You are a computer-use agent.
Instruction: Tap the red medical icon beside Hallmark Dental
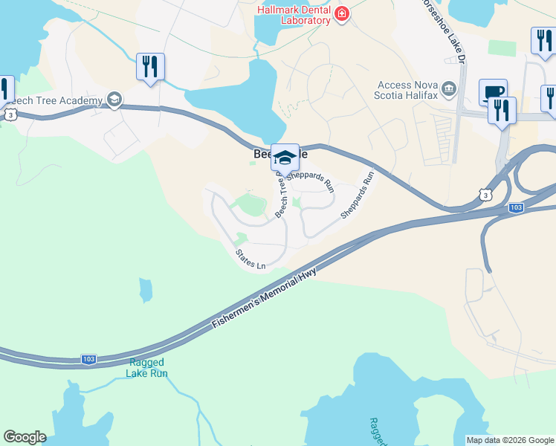pyautogui.click(x=341, y=14)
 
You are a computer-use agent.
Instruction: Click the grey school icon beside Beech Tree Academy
pyautogui.click(x=114, y=100)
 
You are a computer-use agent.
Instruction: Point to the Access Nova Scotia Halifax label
pyautogui.click(x=409, y=90)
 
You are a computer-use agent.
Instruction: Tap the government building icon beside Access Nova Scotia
pyautogui.click(x=449, y=90)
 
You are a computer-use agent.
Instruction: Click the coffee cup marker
pyautogui.click(x=493, y=92)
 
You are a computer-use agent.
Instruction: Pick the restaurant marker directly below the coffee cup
pyautogui.click(x=502, y=111)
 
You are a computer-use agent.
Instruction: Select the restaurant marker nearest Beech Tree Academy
pyautogui.click(x=151, y=67)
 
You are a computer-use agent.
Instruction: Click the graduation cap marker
pyautogui.click(x=285, y=157)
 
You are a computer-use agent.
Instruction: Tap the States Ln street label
pyautogui.click(x=250, y=259)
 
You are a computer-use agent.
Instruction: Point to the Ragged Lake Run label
pyautogui.click(x=148, y=368)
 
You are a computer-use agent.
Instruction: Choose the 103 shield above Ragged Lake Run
pyautogui.click(x=88, y=359)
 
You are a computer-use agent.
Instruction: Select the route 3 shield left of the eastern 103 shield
pyautogui.click(x=485, y=195)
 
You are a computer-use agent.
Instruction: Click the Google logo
pyautogui.click(x=25, y=436)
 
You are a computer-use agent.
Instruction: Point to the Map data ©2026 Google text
pyautogui.click(x=509, y=440)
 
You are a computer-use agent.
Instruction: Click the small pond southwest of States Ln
pyautogui.click(x=145, y=288)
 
